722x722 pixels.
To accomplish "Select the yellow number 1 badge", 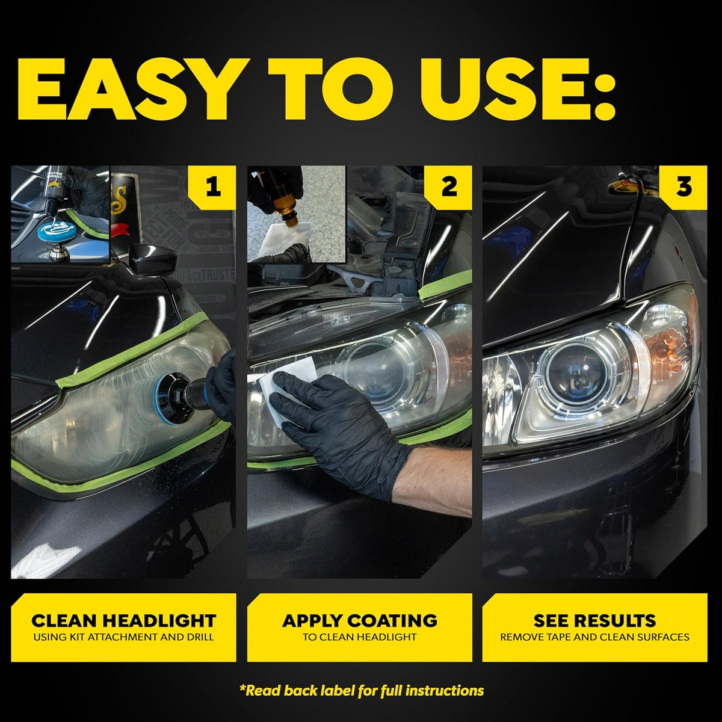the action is pyautogui.click(x=212, y=187).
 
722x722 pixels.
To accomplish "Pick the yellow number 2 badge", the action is pyautogui.click(x=448, y=187).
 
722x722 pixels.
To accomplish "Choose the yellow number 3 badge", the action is pyautogui.click(x=683, y=187).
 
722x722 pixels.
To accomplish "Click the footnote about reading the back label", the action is pyautogui.click(x=362, y=691).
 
